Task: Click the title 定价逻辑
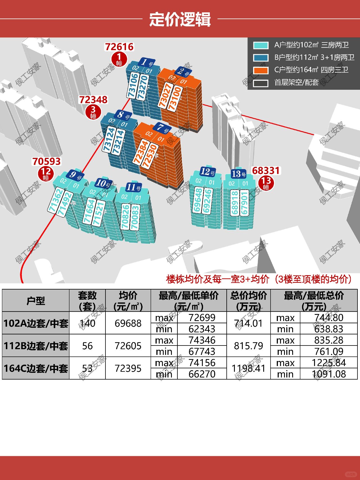tap(180, 19)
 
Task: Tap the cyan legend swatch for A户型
tap(261, 45)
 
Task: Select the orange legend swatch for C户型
tap(261, 70)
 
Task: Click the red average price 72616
tap(119, 47)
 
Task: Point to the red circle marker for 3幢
tap(93, 112)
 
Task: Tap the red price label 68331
tap(266, 171)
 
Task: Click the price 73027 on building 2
tap(165, 96)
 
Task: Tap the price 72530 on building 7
tap(150, 156)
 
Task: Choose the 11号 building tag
tap(134, 187)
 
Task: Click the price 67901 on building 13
tap(244, 203)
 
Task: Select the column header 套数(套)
tap(87, 300)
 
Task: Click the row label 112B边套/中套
tap(36, 346)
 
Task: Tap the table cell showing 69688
tap(128, 323)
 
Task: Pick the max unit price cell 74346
tap(202, 340)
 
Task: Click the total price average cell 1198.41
tap(248, 368)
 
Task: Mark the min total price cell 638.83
tap(328, 329)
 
